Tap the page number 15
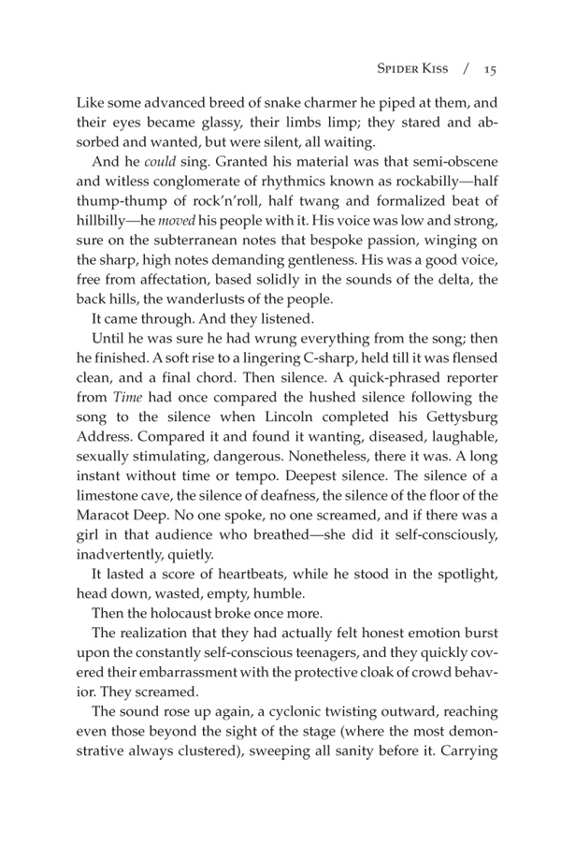(489, 68)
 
